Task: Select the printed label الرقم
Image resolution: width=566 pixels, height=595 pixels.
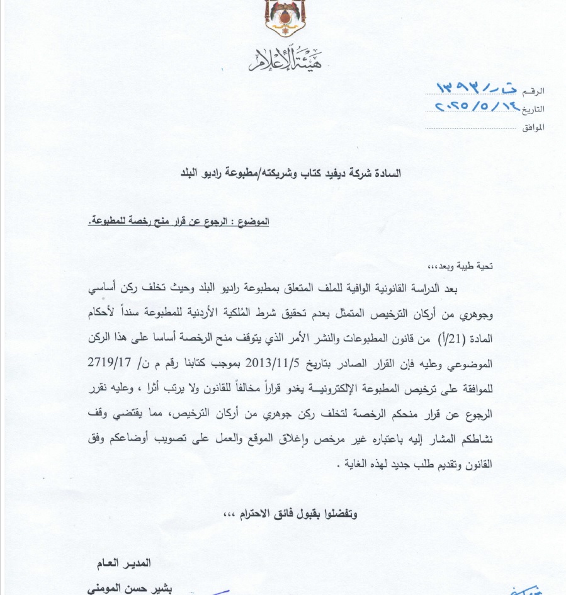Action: [x=533, y=92]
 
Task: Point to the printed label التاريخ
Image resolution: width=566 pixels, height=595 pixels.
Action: [x=533, y=109]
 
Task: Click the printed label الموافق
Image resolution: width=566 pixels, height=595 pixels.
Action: [x=533, y=127]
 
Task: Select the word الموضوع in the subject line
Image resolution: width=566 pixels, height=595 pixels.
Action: [x=251, y=222]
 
